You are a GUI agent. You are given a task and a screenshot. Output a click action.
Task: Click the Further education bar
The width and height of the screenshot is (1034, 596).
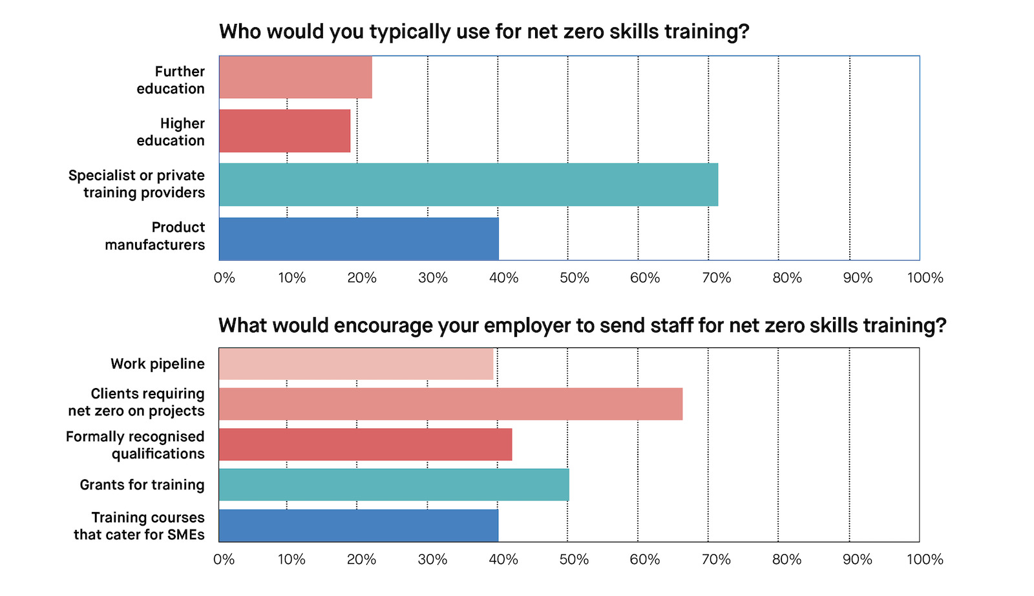[x=295, y=77]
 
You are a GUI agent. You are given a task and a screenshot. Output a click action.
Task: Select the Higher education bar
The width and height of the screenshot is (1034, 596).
[x=284, y=131]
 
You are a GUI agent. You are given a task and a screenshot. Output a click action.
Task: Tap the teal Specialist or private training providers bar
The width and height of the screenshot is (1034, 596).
[x=469, y=185]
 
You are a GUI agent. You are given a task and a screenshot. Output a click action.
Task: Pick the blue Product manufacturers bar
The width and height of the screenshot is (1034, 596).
[x=359, y=239]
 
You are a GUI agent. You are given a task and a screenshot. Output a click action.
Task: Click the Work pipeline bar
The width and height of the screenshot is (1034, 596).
[x=356, y=364]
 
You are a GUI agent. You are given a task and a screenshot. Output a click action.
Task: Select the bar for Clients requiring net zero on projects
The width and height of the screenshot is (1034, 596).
[x=450, y=404]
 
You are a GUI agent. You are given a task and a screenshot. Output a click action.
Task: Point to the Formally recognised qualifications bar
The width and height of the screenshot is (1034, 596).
[x=365, y=444]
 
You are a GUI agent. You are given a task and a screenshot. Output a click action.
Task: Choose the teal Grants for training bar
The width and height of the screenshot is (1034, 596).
[x=394, y=485]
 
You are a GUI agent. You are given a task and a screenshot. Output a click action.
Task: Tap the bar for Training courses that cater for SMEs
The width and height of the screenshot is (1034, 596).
[x=359, y=526]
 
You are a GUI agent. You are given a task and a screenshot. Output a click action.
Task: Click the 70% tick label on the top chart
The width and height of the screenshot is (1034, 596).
[x=716, y=278]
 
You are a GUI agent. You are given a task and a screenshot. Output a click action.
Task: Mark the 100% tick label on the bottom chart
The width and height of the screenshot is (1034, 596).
[x=925, y=560]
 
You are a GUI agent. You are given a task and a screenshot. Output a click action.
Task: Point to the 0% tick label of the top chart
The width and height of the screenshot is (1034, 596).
[x=224, y=278]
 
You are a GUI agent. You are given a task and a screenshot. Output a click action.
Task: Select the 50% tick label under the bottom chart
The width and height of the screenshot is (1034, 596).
[x=574, y=560]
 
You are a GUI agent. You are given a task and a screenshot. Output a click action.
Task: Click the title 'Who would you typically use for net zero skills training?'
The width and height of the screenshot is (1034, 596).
[x=484, y=32]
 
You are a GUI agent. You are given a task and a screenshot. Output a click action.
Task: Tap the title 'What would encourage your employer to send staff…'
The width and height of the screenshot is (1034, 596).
[x=582, y=325]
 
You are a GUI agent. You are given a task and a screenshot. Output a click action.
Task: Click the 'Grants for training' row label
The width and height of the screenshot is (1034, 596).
[x=142, y=485]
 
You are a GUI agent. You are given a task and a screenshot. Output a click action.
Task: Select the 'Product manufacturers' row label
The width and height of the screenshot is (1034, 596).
[x=155, y=236]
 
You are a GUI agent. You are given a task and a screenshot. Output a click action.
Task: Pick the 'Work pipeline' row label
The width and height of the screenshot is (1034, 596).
[x=158, y=364]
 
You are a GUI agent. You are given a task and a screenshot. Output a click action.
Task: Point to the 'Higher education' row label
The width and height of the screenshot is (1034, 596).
[x=171, y=132]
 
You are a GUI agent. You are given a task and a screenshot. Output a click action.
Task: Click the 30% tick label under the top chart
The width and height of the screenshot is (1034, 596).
[x=432, y=278]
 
